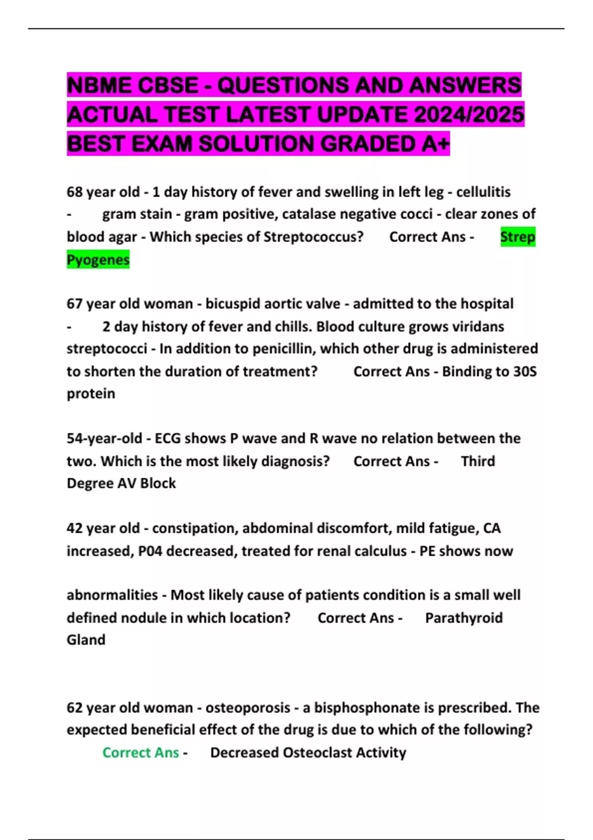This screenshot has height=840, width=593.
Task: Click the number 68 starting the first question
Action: pyautogui.click(x=75, y=192)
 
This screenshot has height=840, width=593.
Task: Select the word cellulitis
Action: pyautogui.click(x=483, y=192)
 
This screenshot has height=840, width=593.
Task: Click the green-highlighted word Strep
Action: pyautogui.click(x=517, y=237)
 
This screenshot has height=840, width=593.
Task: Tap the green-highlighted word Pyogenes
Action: pyautogui.click(x=98, y=259)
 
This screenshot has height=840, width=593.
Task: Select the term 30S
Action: pyautogui.click(x=524, y=372)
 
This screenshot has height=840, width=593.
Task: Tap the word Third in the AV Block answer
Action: pyautogui.click(x=477, y=461)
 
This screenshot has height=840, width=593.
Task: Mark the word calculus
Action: pyautogui.click(x=379, y=551)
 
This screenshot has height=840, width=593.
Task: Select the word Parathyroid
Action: pyautogui.click(x=464, y=618)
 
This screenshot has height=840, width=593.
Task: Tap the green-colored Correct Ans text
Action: pyautogui.click(x=140, y=753)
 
